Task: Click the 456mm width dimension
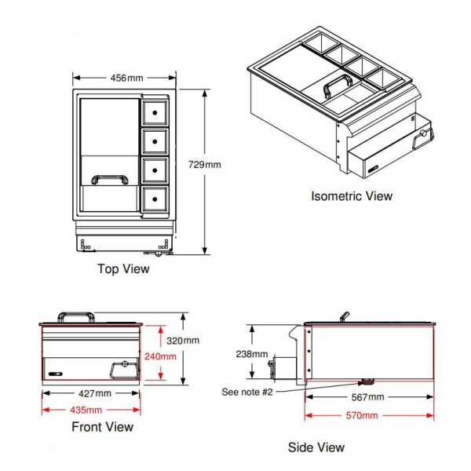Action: click(x=126, y=78)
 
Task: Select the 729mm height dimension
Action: click(x=205, y=165)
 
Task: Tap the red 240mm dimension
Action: click(x=160, y=356)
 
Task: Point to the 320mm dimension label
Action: click(x=183, y=341)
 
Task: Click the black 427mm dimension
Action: click(x=95, y=393)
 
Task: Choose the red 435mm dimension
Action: click(x=86, y=410)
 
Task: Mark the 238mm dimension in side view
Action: click(x=252, y=354)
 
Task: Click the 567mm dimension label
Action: click(x=367, y=397)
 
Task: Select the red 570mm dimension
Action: click(x=362, y=415)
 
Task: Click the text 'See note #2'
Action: click(x=247, y=392)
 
